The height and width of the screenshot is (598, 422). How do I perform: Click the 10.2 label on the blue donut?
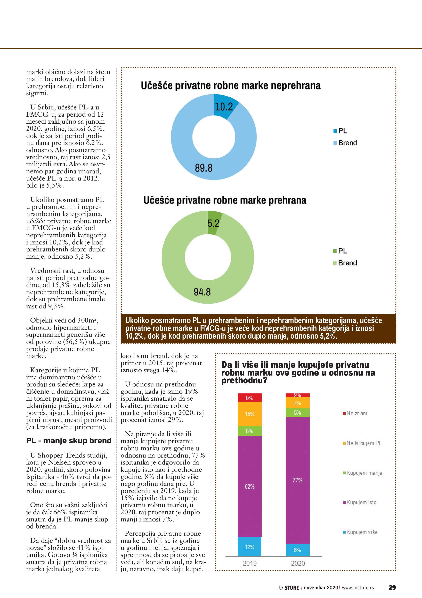(x=224, y=107)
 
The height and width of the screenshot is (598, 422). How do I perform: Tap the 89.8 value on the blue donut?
(x=204, y=168)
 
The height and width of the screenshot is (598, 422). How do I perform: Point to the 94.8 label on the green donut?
(x=202, y=292)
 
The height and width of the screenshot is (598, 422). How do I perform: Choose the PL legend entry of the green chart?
(x=340, y=251)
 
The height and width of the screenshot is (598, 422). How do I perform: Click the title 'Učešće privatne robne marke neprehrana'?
(x=231, y=86)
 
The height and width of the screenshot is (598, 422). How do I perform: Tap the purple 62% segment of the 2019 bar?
(x=250, y=486)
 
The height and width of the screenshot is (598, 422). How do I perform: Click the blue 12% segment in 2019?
(x=250, y=547)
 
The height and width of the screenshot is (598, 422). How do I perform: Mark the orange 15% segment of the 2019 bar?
(x=250, y=414)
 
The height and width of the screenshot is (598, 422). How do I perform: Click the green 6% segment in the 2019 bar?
(x=250, y=431)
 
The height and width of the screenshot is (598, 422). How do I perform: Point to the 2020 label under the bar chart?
(x=298, y=563)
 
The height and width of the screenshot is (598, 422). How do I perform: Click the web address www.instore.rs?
(x=358, y=588)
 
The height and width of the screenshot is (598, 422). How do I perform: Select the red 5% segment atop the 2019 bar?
(x=250, y=398)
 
